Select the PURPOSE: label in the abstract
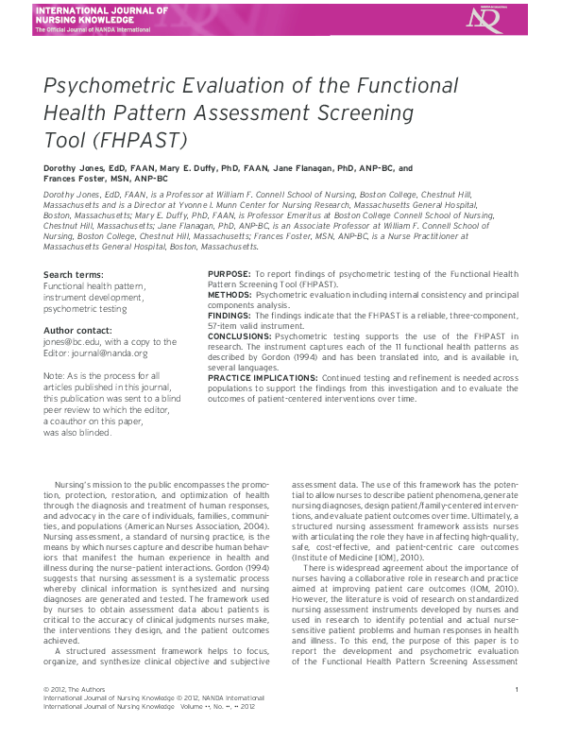[x=229, y=274]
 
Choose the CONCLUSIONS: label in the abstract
[x=239, y=335]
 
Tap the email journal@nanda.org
[x=114, y=353]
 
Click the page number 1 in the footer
[x=517, y=691]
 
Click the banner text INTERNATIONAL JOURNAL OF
[x=100, y=10]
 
